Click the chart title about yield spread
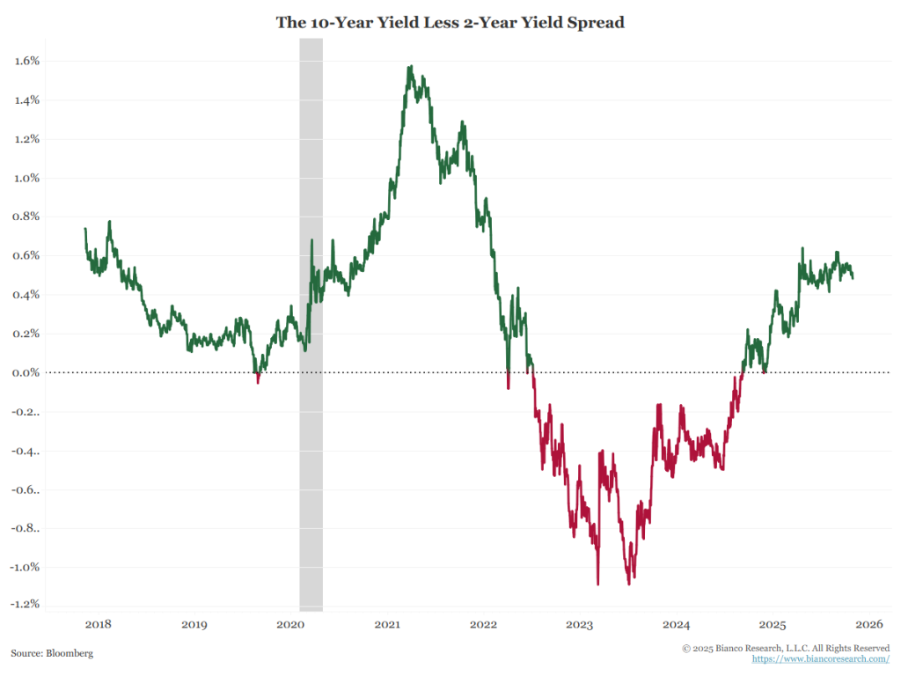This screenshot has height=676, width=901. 450,23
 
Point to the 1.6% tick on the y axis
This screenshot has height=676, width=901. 27,61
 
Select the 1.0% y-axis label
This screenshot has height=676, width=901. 27,178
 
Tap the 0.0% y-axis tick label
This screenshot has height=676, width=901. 27,372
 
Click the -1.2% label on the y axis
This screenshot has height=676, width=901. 26,605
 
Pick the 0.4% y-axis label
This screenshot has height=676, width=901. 27,295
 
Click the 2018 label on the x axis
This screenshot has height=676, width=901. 98,625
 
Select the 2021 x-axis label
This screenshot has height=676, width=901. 387,625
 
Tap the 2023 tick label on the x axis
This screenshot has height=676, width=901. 580,625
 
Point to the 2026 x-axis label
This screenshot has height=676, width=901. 868,625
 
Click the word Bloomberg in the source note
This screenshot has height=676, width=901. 70,654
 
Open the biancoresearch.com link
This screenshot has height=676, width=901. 820,658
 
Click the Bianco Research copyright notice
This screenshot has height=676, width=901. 786,648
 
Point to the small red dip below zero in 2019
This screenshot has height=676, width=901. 258,381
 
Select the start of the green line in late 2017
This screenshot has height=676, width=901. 85,229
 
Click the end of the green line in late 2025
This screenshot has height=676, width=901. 853,278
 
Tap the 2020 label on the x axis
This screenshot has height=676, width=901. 290,625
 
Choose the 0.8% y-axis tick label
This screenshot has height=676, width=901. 27,217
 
